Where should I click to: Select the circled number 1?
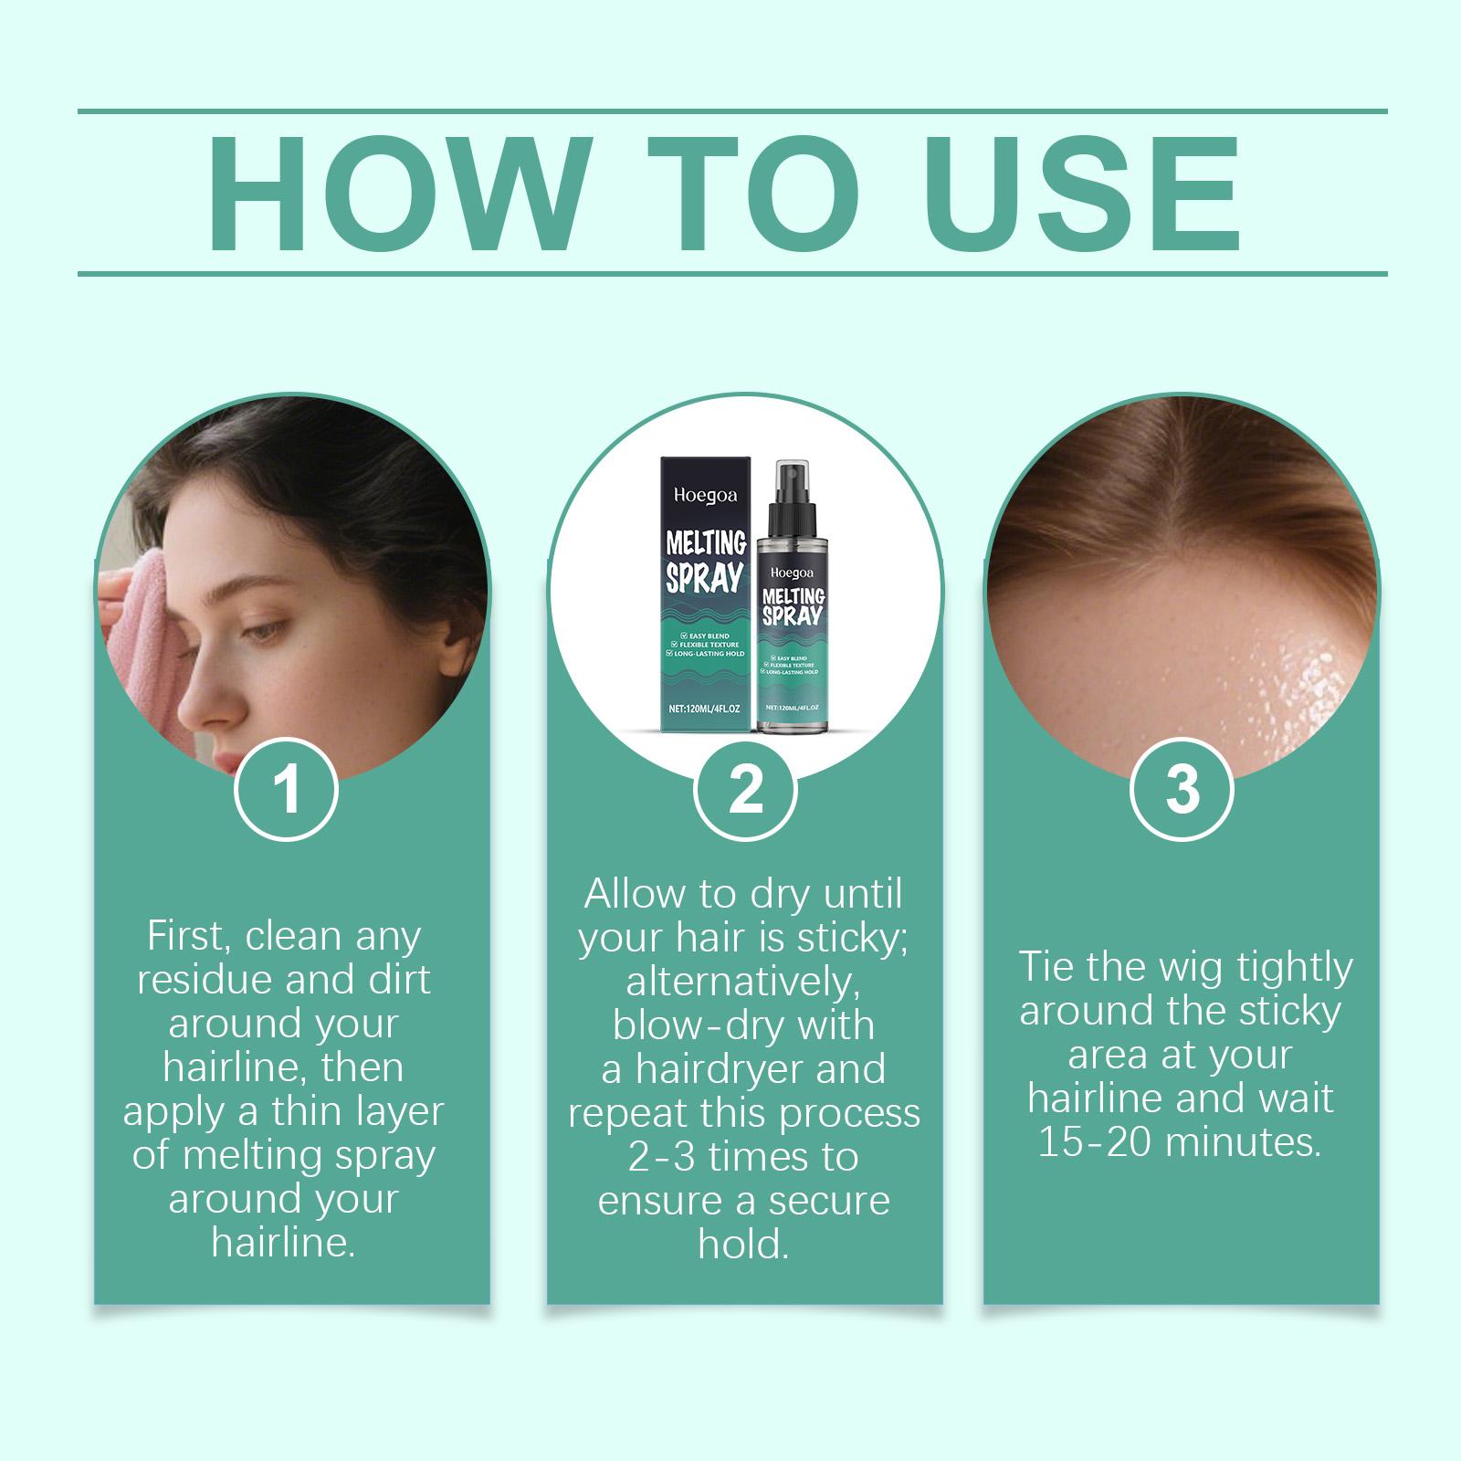click(287, 789)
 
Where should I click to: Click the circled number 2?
click(746, 789)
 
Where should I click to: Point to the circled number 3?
click(1182, 789)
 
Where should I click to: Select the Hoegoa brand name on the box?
click(698, 496)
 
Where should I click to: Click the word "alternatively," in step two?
click(744, 983)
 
